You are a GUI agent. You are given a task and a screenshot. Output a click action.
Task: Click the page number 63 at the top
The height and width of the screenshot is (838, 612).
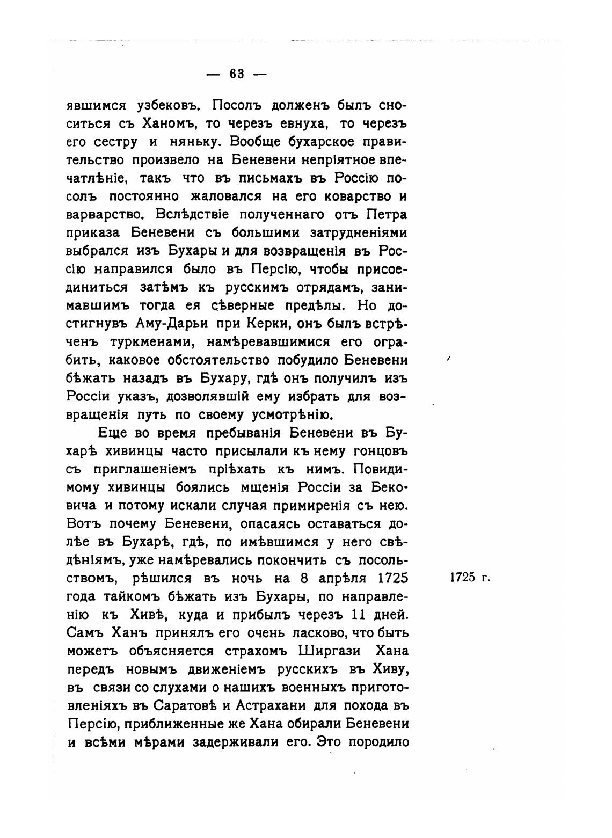tap(237, 74)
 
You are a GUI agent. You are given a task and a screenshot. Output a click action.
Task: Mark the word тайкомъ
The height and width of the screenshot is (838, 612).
tap(143, 597)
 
